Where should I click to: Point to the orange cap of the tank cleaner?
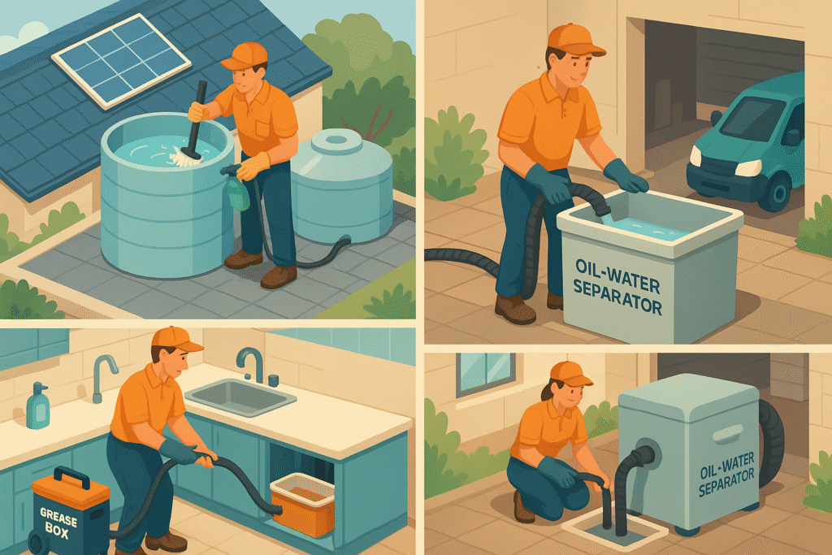245,55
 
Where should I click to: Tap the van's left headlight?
747,167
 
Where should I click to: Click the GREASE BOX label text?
58,522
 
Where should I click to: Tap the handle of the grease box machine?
72,477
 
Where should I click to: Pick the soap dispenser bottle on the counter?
37,405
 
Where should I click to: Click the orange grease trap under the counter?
302,504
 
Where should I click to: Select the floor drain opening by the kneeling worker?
614,525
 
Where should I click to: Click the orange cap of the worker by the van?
574,41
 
